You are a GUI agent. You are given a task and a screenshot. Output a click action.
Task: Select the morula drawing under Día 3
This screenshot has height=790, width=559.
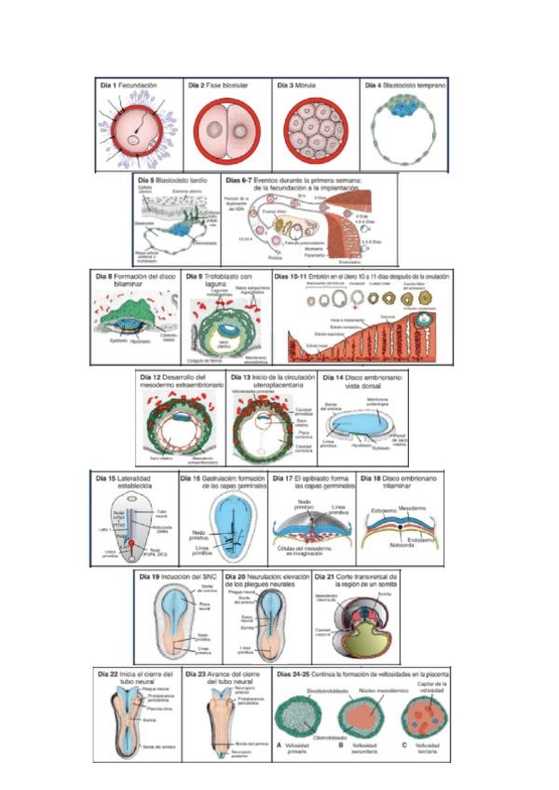pyautogui.click(x=316, y=129)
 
